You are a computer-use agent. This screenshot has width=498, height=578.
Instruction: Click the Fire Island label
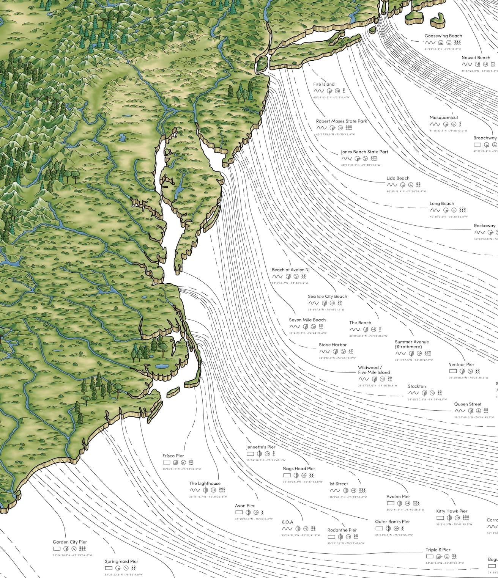[x=324, y=84]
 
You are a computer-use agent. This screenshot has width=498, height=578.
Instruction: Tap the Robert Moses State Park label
[x=342, y=121]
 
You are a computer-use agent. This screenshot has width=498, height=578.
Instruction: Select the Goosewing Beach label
[x=443, y=36]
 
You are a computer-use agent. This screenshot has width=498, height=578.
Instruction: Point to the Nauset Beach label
[x=476, y=58]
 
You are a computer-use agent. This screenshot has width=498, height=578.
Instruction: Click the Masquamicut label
[x=444, y=118]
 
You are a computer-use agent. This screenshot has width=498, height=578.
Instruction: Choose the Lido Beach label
[x=398, y=178]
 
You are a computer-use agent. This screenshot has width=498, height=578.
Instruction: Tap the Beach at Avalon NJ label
[x=291, y=270]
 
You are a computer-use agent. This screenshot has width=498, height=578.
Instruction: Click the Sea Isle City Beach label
[x=327, y=297]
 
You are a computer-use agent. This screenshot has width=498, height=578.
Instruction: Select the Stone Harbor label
[x=333, y=345]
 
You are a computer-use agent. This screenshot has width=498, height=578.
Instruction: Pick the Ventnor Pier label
[x=462, y=364]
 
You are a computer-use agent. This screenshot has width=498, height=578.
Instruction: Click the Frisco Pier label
[x=173, y=456]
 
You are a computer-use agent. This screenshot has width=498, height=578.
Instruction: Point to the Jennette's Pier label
[x=261, y=447]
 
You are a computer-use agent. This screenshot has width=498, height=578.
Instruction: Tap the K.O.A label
[x=287, y=522]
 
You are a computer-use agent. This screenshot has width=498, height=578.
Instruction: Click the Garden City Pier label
[x=70, y=542]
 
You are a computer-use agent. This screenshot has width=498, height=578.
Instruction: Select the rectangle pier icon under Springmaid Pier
[x=109, y=568]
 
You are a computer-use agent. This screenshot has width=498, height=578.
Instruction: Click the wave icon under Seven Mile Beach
[x=294, y=327]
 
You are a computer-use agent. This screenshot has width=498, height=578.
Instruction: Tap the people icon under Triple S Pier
[x=455, y=557]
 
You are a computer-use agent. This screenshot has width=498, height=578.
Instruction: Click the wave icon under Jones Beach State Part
[x=346, y=159]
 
